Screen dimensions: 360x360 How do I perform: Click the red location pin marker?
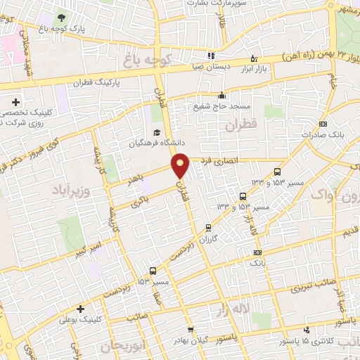[x=181, y=165]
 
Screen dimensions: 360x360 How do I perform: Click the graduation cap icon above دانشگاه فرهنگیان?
[x=157, y=132]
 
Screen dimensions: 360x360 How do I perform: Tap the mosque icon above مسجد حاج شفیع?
[x=221, y=96]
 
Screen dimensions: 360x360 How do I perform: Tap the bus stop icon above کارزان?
[x=208, y=227]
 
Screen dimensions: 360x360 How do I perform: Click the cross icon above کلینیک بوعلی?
[x=81, y=309]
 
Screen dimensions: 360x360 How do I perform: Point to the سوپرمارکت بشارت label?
[x=215, y=3]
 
